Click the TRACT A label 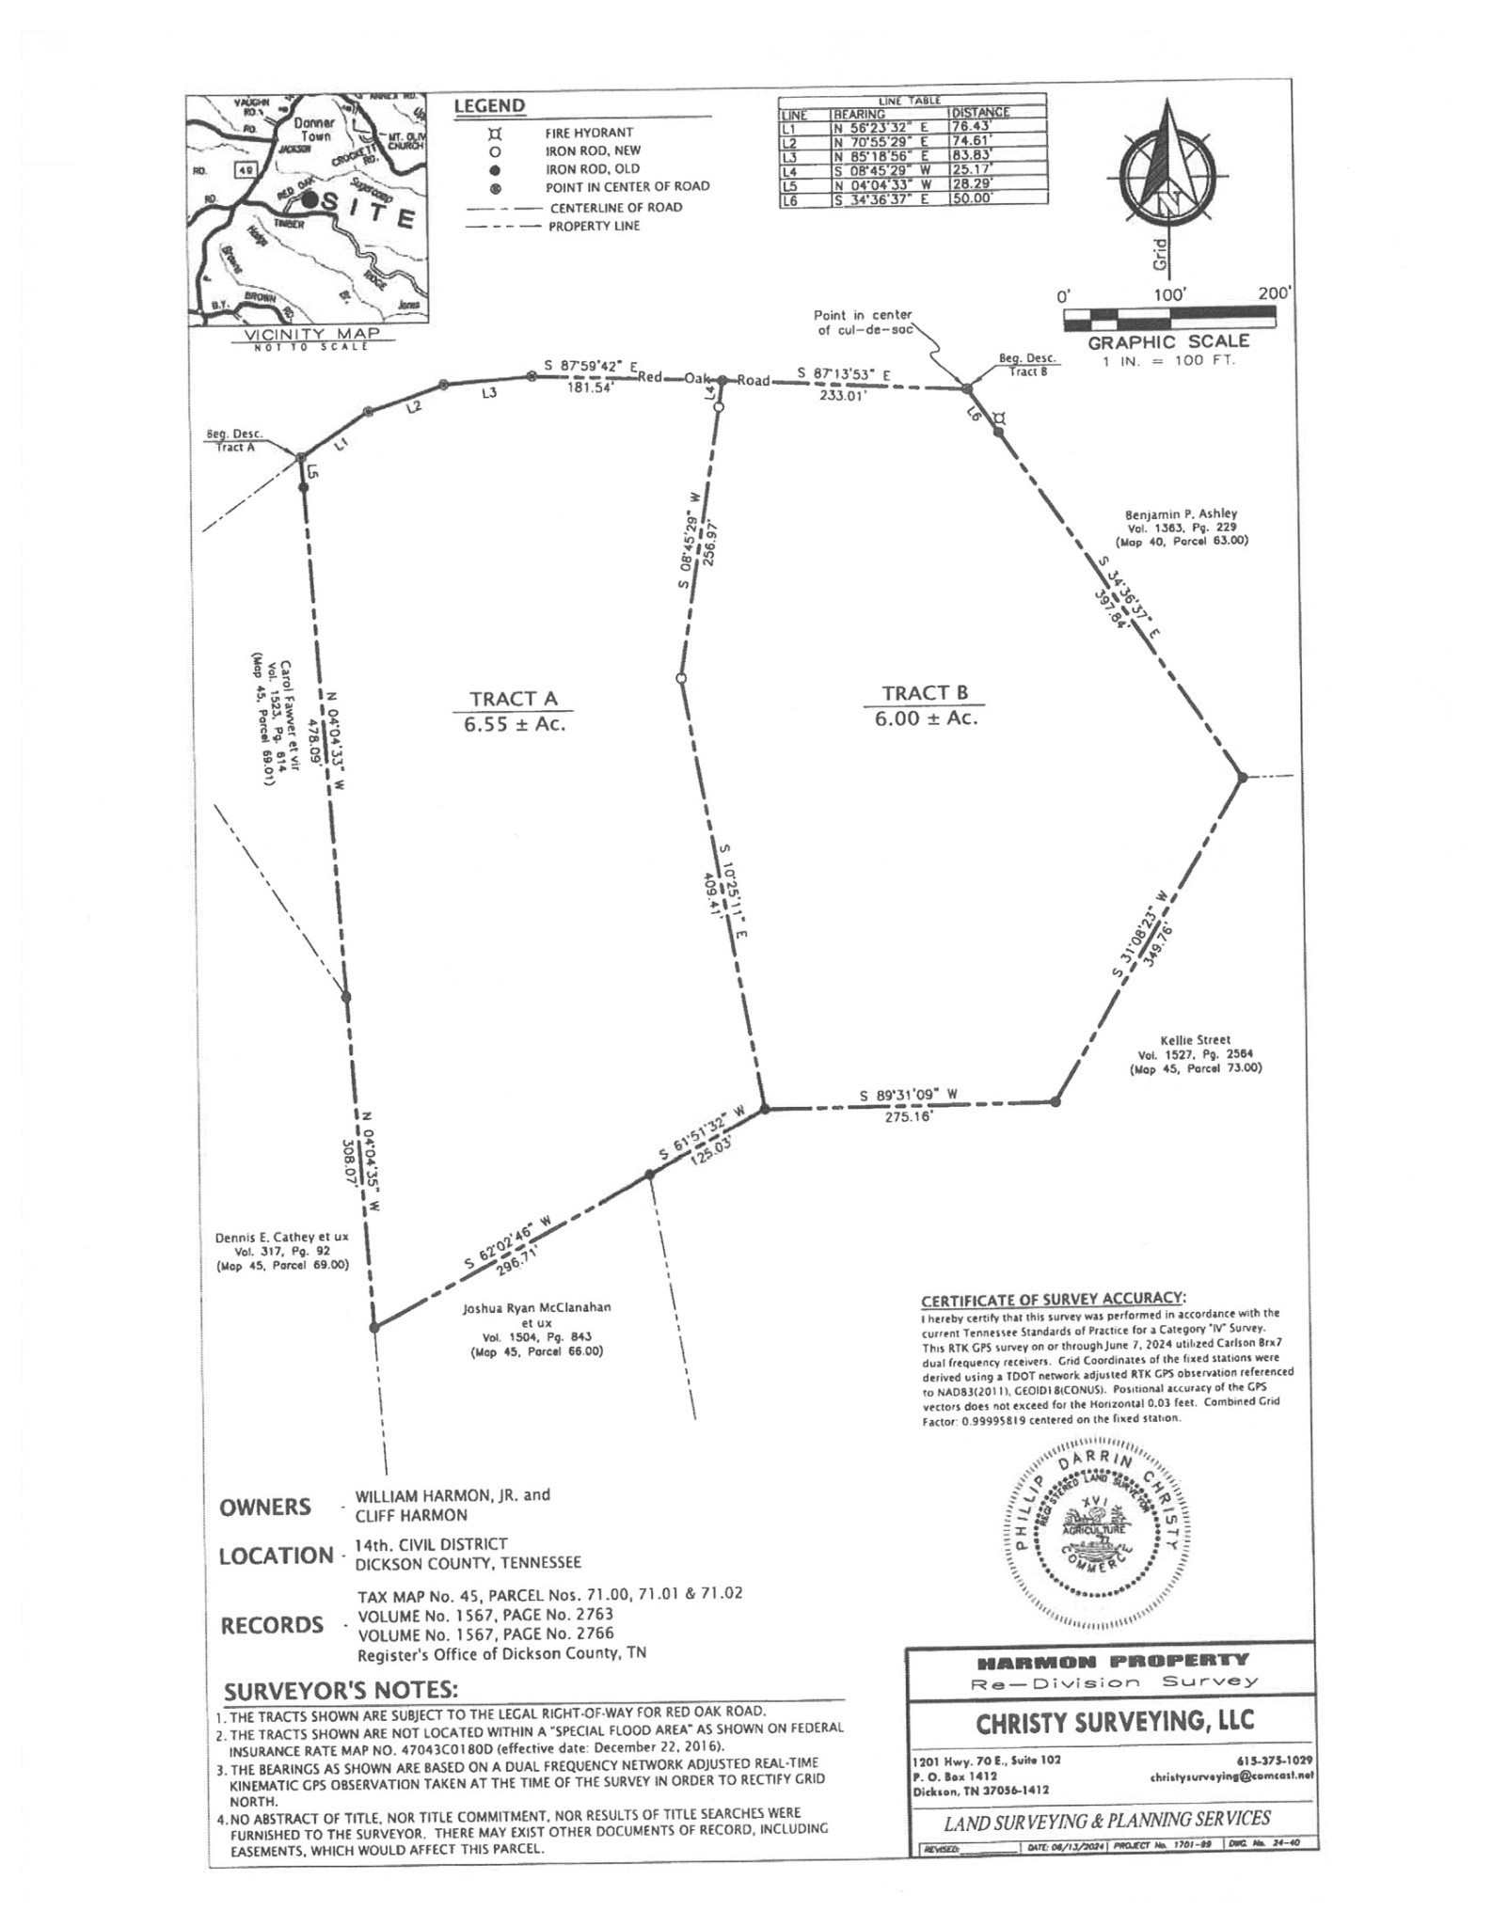[x=514, y=698]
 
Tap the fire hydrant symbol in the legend [x=495, y=134]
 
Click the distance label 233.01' [x=842, y=396]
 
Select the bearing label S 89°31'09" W [x=908, y=1095]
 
